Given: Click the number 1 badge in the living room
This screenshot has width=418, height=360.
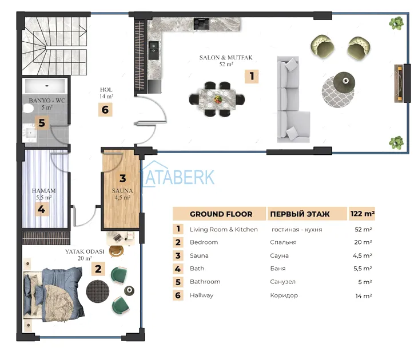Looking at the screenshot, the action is pos(252,76).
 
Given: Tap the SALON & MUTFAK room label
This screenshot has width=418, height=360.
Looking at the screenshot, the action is pos(226,58).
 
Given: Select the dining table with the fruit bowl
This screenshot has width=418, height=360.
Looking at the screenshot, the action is pos(217,99).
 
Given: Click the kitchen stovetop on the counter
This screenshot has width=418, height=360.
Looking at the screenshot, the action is pos(201,24).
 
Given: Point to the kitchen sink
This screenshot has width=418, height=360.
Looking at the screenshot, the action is pos(153,50).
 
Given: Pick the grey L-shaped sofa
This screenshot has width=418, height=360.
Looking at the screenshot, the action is pos(293,99).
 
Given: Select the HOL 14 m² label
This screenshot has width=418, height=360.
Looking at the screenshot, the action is pos(106,93).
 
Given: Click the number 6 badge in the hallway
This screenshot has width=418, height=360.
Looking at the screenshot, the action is pos(105,110).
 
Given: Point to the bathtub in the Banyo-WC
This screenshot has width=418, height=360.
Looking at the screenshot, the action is pos(46,86).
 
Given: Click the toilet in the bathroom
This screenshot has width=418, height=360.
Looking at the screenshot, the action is pos(27,109).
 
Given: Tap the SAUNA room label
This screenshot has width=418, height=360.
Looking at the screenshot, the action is pos(122,191).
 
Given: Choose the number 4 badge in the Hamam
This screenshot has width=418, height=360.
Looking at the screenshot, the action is pos(42,209).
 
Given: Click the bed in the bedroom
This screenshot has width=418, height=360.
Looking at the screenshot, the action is pos(53,294).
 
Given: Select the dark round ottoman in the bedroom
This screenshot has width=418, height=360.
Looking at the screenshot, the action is pos(98,291).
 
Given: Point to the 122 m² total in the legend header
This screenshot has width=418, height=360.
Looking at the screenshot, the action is pos(363,214).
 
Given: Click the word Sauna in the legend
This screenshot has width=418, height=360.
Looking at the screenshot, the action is pos(199,255).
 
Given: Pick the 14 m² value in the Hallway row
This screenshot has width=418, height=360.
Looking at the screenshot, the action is pos(364,296).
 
